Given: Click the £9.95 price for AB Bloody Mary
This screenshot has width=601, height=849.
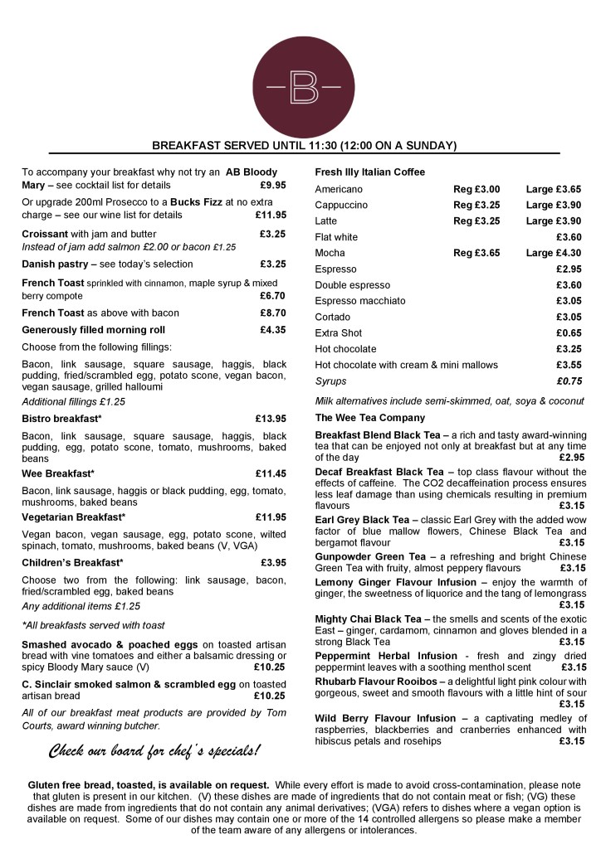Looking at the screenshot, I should tap(272, 186).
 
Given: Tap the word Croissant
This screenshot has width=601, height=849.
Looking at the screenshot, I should tap(45, 235).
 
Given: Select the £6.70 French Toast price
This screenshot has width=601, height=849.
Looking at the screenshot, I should tap(272, 296).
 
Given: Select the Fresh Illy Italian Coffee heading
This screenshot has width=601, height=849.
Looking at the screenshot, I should tap(369, 172).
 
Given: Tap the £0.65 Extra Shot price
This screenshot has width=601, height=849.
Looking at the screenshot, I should tap(569, 333).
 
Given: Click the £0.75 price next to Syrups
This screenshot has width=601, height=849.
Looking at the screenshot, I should tap(569, 381).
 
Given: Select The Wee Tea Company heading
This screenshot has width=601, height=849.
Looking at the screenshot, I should tap(369, 418).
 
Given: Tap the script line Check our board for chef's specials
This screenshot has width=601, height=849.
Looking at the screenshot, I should tap(154, 752).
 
